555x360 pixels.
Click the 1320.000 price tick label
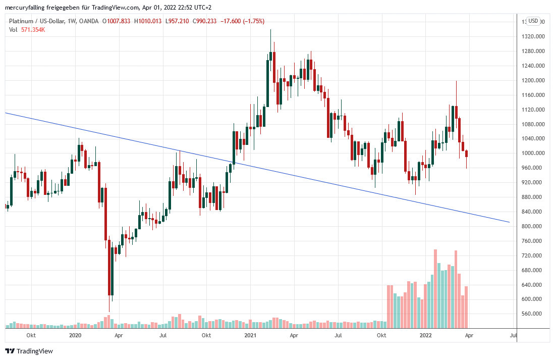[x=535, y=36]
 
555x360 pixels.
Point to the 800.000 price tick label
[x=535, y=226]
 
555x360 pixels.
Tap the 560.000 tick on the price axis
[x=535, y=314]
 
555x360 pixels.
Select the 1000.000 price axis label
[x=535, y=153]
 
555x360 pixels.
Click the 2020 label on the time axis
[x=75, y=335]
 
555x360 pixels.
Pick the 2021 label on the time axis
[x=250, y=335]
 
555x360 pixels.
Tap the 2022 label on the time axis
[x=425, y=335]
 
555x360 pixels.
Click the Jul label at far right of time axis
[x=513, y=335]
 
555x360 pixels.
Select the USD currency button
[x=533, y=21]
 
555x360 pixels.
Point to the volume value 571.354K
[x=33, y=30]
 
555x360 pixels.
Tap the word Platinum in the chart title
[x=22, y=21]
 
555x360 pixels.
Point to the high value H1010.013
[x=148, y=21]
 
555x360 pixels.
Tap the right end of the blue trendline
[x=509, y=222]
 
